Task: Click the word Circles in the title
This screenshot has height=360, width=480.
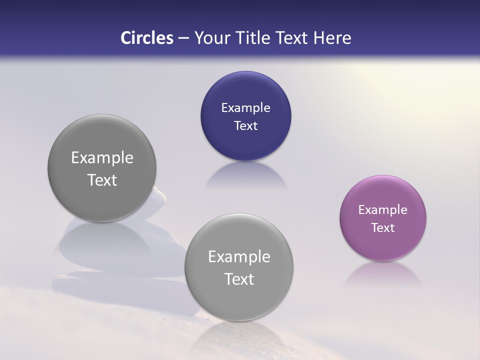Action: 146,38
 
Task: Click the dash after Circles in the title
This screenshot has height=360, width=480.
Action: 183,38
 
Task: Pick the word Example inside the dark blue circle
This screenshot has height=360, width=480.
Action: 245,108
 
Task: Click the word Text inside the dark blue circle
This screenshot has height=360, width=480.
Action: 245,126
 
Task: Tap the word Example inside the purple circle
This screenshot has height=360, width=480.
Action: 382,210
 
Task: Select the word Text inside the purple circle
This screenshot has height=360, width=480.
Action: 382,228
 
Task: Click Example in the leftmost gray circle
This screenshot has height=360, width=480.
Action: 102,158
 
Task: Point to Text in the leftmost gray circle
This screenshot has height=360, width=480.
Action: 102,180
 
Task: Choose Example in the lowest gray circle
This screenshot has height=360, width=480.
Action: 239,257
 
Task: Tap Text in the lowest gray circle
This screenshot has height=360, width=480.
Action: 239,279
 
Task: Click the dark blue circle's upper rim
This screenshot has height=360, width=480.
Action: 245,73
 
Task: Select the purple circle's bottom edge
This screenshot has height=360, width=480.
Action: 382,259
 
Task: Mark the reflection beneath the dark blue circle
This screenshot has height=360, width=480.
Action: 245,175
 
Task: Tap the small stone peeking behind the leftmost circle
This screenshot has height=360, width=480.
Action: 158,197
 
